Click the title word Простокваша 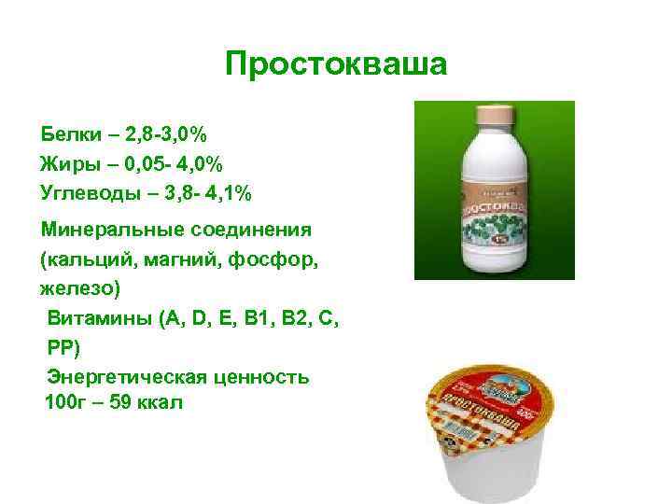[x=336, y=64]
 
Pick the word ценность [x=264, y=377]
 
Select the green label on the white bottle [x=495, y=211]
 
